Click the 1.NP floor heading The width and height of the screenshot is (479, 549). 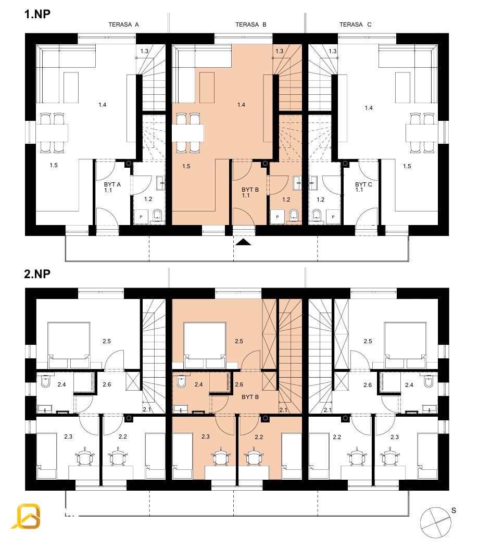click(37, 14)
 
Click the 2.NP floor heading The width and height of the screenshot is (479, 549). click(37, 274)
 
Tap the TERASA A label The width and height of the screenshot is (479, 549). click(123, 24)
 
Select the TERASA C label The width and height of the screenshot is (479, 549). click(356, 24)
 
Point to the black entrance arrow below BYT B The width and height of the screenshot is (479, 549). click(243, 242)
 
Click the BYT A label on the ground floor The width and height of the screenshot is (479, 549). click(112, 184)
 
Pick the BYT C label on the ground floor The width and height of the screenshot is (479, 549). click(363, 184)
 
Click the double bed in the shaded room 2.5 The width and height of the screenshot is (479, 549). click(205, 345)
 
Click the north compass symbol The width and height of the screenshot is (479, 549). click(436, 523)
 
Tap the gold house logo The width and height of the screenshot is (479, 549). click(27, 516)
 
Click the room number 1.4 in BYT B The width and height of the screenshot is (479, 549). click(241, 105)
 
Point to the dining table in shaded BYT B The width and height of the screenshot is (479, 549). click(187, 133)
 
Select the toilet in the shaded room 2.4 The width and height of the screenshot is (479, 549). click(181, 382)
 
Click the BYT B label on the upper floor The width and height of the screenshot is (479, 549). click(250, 397)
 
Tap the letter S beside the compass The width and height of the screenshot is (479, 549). click(453, 510)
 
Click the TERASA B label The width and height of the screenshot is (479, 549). click(251, 24)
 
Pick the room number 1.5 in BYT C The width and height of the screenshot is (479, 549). click(407, 166)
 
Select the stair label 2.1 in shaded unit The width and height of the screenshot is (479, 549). click(283, 409)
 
